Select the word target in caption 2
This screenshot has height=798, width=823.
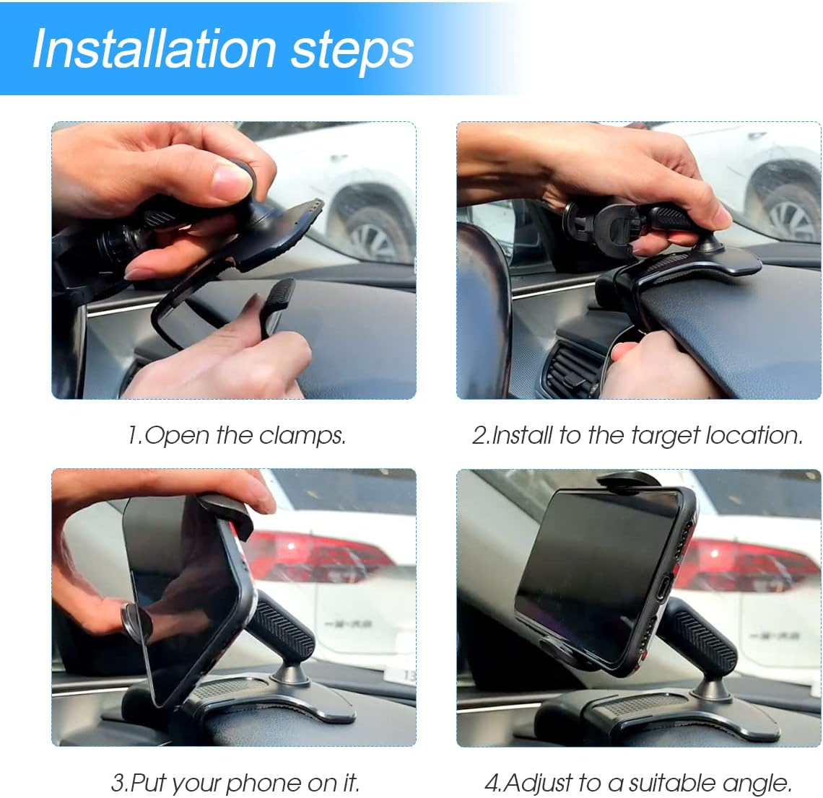click(x=665, y=436)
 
